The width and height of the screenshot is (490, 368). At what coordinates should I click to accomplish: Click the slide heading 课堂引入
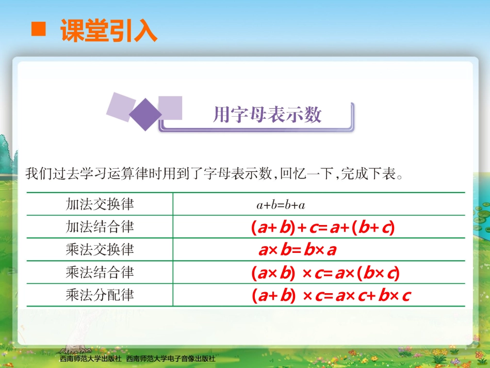(x=108, y=30)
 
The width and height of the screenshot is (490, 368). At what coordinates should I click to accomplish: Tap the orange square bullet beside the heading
(x=39, y=29)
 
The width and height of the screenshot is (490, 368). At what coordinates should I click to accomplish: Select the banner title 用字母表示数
(x=267, y=115)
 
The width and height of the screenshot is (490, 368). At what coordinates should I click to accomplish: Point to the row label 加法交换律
(x=100, y=204)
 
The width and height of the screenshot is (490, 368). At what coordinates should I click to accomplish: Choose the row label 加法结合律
(x=100, y=227)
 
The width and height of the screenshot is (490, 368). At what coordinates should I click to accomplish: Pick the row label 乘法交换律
(x=100, y=249)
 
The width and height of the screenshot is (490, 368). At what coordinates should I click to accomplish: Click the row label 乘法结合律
(x=100, y=272)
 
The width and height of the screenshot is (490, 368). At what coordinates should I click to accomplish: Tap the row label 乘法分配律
(x=100, y=295)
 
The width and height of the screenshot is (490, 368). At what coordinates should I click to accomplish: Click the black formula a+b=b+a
(x=281, y=205)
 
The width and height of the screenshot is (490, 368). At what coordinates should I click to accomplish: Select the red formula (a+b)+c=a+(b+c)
(x=323, y=228)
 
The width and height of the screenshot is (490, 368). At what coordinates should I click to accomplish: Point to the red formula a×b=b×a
(x=298, y=250)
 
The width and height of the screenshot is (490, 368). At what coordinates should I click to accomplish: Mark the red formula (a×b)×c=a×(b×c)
(x=325, y=273)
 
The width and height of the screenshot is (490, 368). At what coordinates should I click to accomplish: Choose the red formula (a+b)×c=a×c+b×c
(x=331, y=296)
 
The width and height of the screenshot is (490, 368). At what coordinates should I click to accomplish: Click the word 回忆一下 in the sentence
(x=305, y=174)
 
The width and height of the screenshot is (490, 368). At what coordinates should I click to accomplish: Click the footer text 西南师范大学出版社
(x=90, y=358)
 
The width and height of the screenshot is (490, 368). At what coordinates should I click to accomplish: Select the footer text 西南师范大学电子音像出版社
(x=171, y=358)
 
